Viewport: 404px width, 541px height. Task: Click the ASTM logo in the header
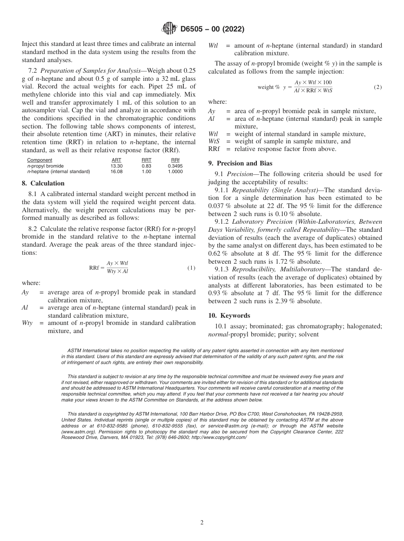click(x=170, y=29)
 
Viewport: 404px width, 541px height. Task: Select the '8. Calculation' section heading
click(x=43, y=183)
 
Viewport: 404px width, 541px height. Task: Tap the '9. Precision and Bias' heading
click(x=240, y=163)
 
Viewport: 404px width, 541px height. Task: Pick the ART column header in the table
click(x=116, y=160)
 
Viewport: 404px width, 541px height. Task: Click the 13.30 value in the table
click(x=116, y=166)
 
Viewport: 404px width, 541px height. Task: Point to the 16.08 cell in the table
click(x=116, y=172)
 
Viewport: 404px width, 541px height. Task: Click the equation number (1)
click(x=191, y=268)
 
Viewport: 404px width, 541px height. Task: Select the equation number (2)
click(x=378, y=87)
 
